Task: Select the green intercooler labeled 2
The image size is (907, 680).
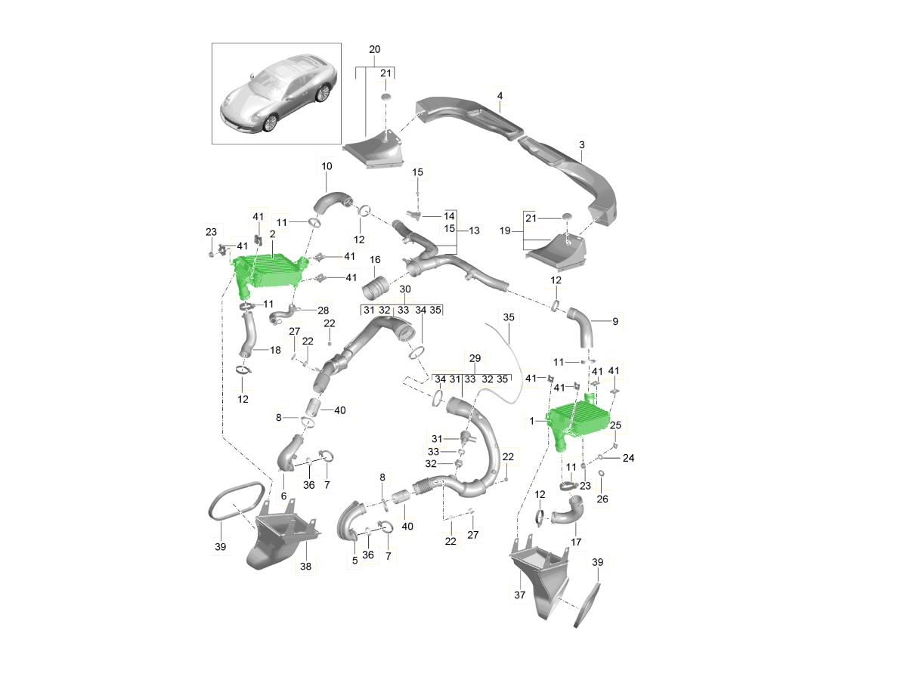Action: pyautogui.click(x=268, y=274)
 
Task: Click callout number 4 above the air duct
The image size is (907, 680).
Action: pyautogui.click(x=500, y=96)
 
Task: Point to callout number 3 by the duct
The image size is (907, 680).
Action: pyautogui.click(x=582, y=145)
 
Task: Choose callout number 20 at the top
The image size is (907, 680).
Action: pyautogui.click(x=374, y=50)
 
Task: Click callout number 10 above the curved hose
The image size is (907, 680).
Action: pyautogui.click(x=327, y=166)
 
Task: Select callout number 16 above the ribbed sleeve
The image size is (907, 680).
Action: pyautogui.click(x=375, y=260)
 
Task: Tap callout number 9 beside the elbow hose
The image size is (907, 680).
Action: pyautogui.click(x=614, y=321)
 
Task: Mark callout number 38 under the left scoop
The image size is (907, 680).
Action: pyautogui.click(x=305, y=566)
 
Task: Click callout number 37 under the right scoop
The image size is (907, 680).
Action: pyautogui.click(x=519, y=595)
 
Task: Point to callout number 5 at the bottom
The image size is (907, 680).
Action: pyautogui.click(x=354, y=561)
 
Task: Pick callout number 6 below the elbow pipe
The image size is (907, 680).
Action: pyautogui.click(x=283, y=496)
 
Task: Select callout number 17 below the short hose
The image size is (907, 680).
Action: pyautogui.click(x=576, y=542)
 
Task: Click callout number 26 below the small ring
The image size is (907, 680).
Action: pyautogui.click(x=602, y=499)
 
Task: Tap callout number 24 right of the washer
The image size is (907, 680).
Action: pyautogui.click(x=629, y=457)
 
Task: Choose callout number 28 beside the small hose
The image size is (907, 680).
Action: pyautogui.click(x=323, y=310)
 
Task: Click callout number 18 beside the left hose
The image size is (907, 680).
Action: pyautogui.click(x=275, y=350)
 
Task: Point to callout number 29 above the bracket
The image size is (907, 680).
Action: pyautogui.click(x=475, y=358)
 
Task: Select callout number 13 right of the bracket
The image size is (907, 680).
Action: pyautogui.click(x=474, y=230)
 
